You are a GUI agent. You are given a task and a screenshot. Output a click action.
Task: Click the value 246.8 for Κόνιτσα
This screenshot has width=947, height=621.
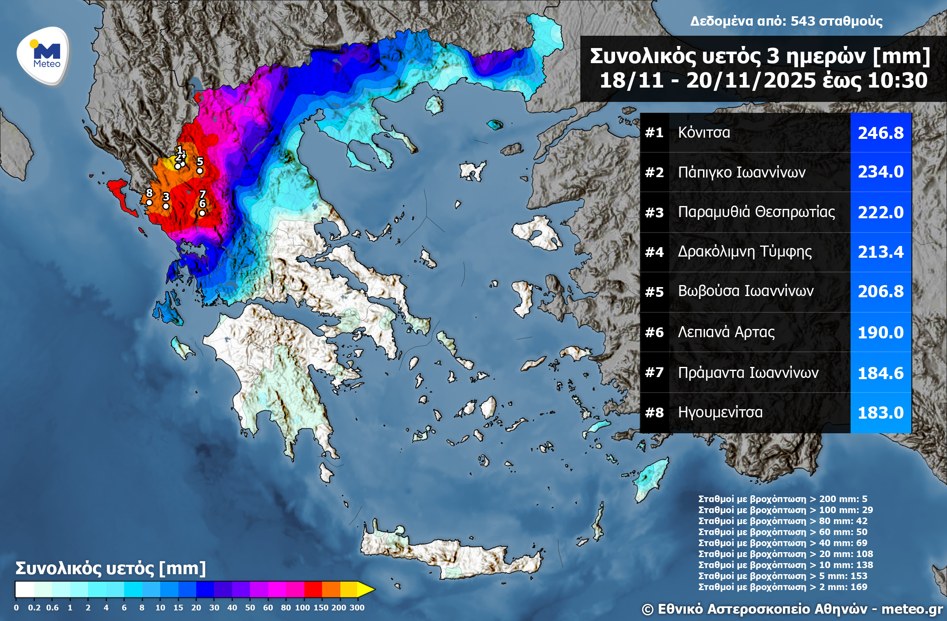pyautogui.click(x=881, y=133)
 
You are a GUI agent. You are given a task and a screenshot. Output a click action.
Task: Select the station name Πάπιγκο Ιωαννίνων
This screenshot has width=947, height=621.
pyautogui.click(x=741, y=172)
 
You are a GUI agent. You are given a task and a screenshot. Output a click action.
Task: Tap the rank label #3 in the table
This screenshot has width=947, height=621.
pyautogui.click(x=654, y=213)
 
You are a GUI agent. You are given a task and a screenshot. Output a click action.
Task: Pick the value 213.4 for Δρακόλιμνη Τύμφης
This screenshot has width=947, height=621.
pyautogui.click(x=881, y=252)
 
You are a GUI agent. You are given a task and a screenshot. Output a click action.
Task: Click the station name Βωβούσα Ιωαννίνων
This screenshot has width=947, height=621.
pyautogui.click(x=745, y=291)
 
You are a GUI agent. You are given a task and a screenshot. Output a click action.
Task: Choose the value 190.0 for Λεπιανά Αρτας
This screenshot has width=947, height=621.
pyautogui.click(x=881, y=333)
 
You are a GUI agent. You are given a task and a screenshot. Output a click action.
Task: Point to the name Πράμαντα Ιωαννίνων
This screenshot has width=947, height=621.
pyautogui.click(x=748, y=373)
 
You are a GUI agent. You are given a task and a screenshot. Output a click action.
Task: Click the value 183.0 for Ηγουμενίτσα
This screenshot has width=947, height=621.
pyautogui.click(x=881, y=413)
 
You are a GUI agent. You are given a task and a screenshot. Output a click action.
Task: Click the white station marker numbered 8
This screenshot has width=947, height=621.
pyautogui.click(x=149, y=202)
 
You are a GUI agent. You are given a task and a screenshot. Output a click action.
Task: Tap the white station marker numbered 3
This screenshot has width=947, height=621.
pyautogui.click(x=166, y=206)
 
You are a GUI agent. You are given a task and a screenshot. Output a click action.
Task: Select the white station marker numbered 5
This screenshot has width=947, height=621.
pyautogui.click(x=200, y=171)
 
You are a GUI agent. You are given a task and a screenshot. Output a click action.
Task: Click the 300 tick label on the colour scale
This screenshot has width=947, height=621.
pyautogui.click(x=357, y=608)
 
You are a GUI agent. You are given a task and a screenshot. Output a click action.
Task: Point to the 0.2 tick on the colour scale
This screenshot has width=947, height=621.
pyautogui.click(x=34, y=608)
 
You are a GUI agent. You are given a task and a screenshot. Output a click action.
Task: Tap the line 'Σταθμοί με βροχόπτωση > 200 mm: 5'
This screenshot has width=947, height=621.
pyautogui.click(x=782, y=499)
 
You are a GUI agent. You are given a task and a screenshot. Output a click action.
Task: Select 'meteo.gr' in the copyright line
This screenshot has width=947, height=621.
pyautogui.click(x=912, y=609)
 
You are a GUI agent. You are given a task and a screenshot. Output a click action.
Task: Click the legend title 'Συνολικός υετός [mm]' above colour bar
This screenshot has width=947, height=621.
pyautogui.click(x=110, y=568)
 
